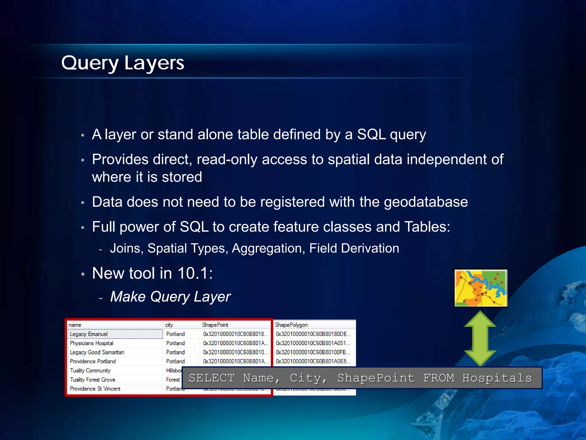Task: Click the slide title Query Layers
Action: pos(123,63)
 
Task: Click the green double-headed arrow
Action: pos(480,339)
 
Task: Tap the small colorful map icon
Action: pos(481,288)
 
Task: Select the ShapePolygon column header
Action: pos(291,325)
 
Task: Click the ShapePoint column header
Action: pos(215,325)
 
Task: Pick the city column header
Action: pos(169,325)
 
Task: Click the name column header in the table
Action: pos(75,325)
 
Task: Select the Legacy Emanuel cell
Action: pos(89,334)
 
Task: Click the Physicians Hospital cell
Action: pos(92,343)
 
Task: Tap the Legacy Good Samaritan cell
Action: pos(97,352)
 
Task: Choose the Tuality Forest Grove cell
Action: pos(92,380)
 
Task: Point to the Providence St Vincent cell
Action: pos(95,389)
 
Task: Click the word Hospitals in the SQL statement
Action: pos(497,378)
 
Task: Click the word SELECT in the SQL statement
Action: pos(211,378)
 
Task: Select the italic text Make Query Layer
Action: pos(171,296)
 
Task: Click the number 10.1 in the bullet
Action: pos(193,273)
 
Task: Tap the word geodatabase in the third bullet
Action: pos(426,202)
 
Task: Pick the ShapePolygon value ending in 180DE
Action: pos(313,334)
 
